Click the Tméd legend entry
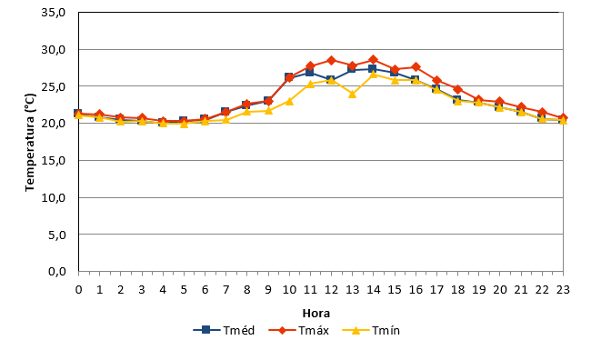[224, 330]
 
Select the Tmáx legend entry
[299, 330]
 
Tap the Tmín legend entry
[371, 330]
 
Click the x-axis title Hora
[316, 314]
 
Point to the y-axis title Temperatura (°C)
[30, 142]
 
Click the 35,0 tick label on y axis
[54, 13]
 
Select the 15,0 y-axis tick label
[54, 160]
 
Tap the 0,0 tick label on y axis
[57, 272]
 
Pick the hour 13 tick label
[352, 290]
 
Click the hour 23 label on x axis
[563, 290]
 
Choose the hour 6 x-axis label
[205, 290]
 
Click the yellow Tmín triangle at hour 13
[352, 94]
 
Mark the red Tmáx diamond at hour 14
[374, 60]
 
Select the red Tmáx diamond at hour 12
[331, 60]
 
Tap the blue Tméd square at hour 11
[310, 72]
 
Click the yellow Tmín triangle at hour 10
[289, 101]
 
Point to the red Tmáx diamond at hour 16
[416, 67]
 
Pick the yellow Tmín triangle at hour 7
[225, 120]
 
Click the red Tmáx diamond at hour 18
[457, 90]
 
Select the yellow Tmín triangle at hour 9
[268, 111]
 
